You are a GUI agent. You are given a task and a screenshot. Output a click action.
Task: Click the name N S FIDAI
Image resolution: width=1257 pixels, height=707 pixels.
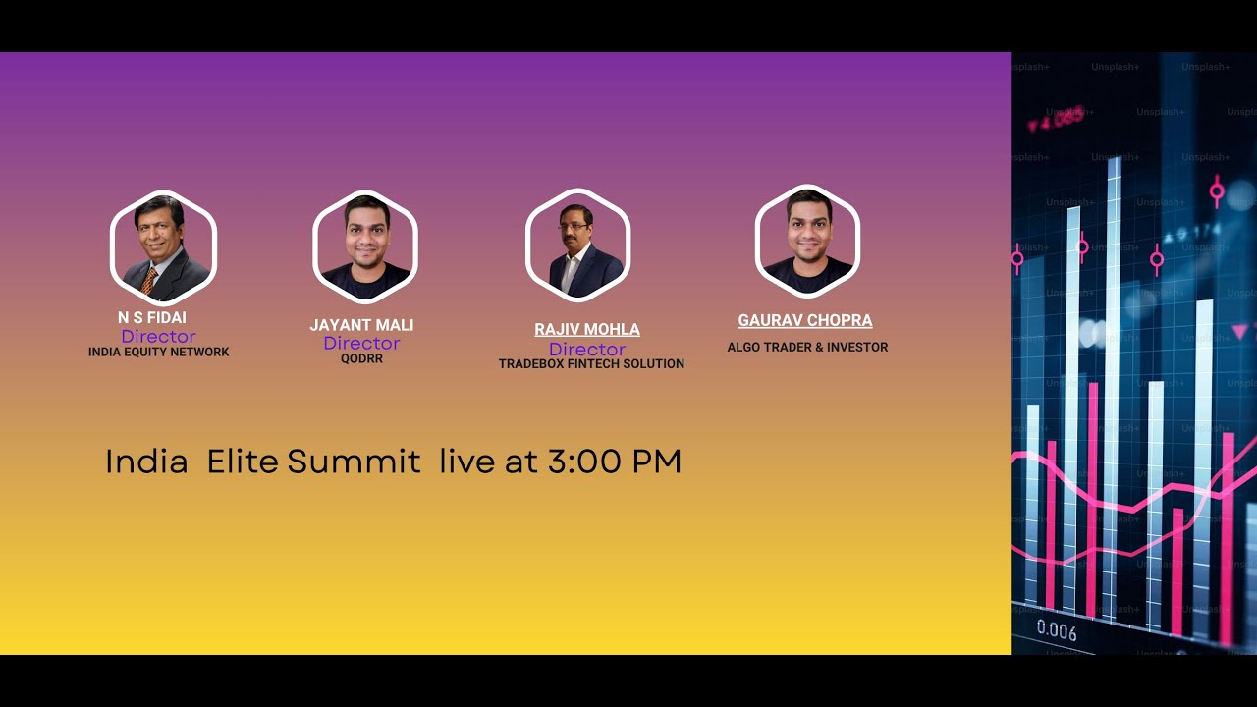click(x=152, y=318)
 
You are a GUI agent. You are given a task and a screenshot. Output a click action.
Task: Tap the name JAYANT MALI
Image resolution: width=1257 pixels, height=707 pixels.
click(x=361, y=325)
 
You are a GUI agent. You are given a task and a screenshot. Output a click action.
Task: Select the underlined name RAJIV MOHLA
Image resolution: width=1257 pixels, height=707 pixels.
click(x=587, y=330)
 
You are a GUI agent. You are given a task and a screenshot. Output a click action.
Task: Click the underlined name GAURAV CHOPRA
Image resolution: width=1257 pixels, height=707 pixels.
click(x=805, y=321)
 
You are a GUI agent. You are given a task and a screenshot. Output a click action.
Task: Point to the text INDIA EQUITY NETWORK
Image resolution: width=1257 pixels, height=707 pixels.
click(x=159, y=353)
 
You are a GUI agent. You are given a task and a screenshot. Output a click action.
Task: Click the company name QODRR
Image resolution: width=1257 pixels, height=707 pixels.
click(x=361, y=359)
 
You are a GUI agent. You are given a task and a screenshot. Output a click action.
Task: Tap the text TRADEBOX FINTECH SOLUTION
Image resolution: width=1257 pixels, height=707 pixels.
click(x=591, y=364)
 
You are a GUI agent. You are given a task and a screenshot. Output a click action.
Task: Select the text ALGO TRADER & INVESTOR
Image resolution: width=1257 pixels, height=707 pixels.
click(x=807, y=348)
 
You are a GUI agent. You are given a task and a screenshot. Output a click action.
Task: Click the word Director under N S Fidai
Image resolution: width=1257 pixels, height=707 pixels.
click(x=158, y=337)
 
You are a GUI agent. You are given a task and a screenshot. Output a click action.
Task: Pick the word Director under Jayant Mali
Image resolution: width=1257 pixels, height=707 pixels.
click(x=361, y=344)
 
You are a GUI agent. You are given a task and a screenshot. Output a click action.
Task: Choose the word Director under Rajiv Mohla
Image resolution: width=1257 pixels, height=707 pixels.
click(x=587, y=350)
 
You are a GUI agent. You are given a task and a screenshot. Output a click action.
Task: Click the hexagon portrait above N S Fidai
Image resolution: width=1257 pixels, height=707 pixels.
click(x=162, y=247)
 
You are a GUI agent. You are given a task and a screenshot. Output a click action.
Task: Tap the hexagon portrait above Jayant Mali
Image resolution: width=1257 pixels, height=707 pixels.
click(x=365, y=246)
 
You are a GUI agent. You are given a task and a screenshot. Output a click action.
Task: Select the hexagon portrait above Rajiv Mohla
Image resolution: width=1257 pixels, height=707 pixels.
click(x=577, y=245)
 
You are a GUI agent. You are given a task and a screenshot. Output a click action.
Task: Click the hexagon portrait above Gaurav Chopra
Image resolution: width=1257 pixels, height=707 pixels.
click(x=807, y=242)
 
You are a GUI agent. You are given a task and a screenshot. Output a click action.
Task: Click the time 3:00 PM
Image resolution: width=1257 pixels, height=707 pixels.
click(x=615, y=462)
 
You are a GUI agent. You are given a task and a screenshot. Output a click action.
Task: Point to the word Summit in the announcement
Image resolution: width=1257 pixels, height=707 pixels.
click(x=354, y=462)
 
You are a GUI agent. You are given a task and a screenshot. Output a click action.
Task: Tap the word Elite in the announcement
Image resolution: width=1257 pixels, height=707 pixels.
click(x=243, y=462)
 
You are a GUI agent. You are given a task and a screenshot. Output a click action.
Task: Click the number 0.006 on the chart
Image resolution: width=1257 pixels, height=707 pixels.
click(x=1057, y=631)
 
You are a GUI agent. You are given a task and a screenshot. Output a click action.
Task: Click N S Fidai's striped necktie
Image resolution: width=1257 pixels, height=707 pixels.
click(x=148, y=281)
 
